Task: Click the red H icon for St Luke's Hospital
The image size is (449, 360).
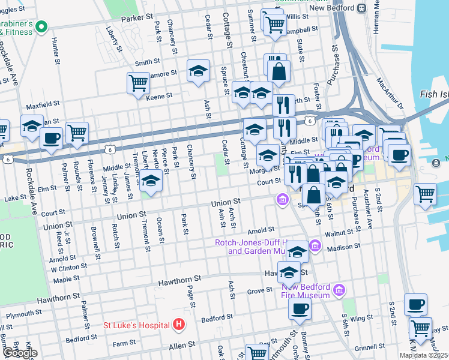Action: [x=178, y=325]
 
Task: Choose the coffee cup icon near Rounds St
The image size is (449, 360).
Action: [x=51, y=139]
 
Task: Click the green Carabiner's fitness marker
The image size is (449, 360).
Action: [x=41, y=26]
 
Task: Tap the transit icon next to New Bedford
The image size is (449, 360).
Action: [x=361, y=8]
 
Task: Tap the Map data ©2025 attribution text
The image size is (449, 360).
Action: [x=423, y=355]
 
